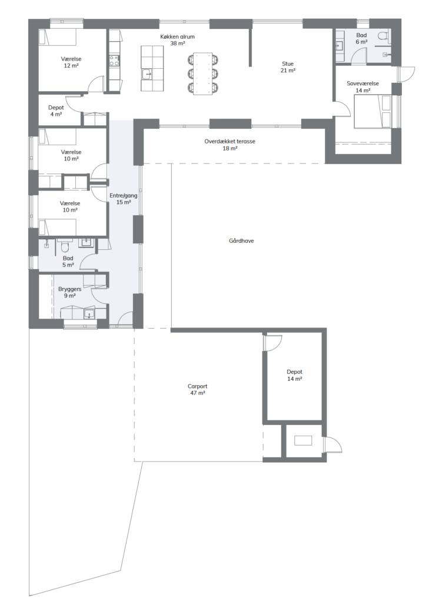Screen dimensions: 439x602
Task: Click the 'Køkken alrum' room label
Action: tap(177, 37)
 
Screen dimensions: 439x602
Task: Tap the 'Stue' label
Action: tap(288, 63)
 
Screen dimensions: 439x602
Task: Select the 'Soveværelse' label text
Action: tap(362, 83)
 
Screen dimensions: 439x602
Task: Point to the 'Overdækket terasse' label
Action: tap(230, 141)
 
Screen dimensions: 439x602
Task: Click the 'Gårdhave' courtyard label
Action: tap(241, 241)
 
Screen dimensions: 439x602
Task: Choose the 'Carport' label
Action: tap(197, 386)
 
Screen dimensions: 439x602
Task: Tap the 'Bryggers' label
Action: tap(69, 289)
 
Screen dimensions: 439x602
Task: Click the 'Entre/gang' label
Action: tap(123, 195)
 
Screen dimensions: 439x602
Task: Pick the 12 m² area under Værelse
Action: tap(71, 66)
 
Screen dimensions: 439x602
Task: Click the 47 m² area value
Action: tap(197, 393)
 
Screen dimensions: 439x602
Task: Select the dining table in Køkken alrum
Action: tap(202, 73)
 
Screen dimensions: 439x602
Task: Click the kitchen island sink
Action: tap(147, 73)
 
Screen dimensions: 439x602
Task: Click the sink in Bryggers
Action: tap(89, 314)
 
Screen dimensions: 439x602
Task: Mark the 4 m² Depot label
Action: tap(56, 111)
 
